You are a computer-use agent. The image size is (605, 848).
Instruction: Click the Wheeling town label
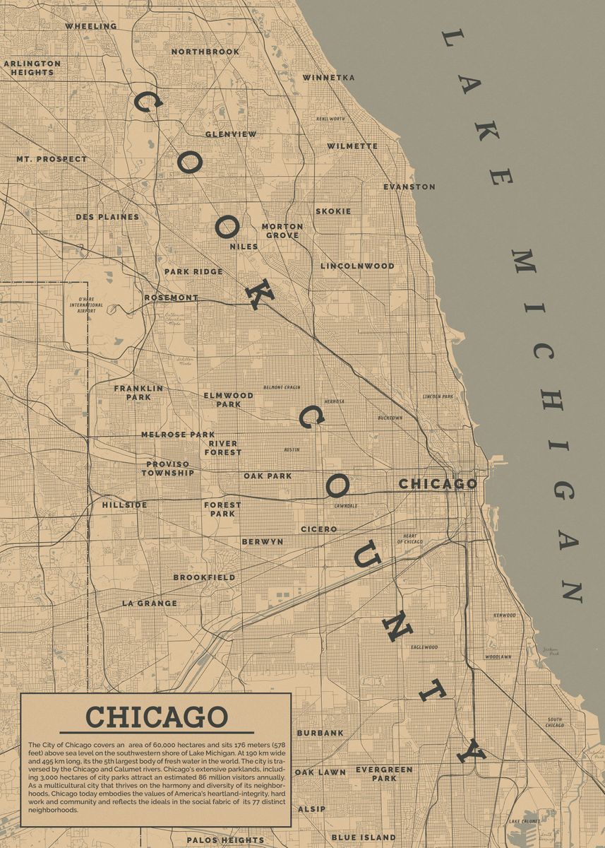pyautogui.click(x=91, y=26)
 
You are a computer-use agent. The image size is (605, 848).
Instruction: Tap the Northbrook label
pyautogui.click(x=205, y=52)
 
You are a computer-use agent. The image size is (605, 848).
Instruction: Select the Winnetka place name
pyautogui.click(x=329, y=78)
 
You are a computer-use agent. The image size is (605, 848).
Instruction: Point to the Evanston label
pyautogui.click(x=409, y=187)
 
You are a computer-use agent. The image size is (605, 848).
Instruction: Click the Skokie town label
pyautogui.click(x=333, y=211)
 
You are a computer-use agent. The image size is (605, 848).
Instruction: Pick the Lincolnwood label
pyautogui.click(x=357, y=266)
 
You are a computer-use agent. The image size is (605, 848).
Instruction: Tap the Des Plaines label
pyautogui.click(x=107, y=217)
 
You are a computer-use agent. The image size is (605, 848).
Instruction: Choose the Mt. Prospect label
pyautogui.click(x=52, y=160)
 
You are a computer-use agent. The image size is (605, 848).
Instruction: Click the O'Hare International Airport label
pyautogui.click(x=86, y=305)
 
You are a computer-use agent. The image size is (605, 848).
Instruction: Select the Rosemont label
pyautogui.click(x=171, y=298)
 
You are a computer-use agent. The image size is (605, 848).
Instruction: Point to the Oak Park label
pyautogui.click(x=268, y=476)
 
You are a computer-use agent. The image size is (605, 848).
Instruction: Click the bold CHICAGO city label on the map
pyautogui.click(x=438, y=484)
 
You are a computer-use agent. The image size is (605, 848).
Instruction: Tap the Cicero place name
pyautogui.click(x=319, y=529)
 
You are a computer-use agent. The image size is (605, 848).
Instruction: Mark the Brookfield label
pyautogui.click(x=205, y=577)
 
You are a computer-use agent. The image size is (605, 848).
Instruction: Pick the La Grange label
pyautogui.click(x=150, y=603)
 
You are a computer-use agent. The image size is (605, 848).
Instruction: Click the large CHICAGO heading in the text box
pyautogui.click(x=156, y=717)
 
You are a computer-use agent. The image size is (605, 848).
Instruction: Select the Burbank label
pyautogui.click(x=321, y=734)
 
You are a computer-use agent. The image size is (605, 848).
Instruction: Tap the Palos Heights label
pyautogui.click(x=225, y=840)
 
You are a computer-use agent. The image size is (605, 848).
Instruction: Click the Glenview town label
pyautogui.click(x=231, y=134)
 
